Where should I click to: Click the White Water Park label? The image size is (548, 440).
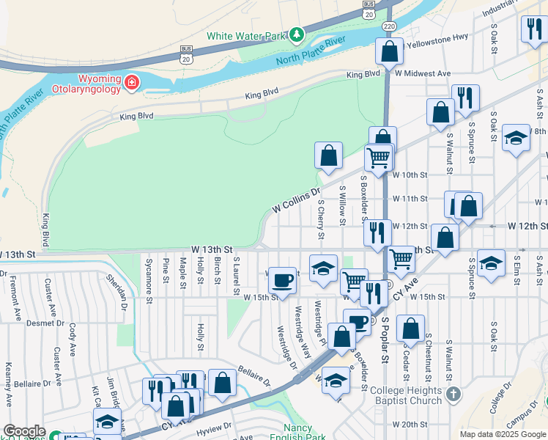245,35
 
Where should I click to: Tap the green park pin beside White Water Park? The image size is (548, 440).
296,34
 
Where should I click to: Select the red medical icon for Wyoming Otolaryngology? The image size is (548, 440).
132,81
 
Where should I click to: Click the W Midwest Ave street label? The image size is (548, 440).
423,73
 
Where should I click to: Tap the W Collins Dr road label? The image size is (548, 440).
297,199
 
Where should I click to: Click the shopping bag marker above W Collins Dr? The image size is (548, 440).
329,155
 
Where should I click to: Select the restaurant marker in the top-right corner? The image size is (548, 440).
532,29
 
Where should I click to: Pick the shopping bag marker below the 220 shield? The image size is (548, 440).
389,51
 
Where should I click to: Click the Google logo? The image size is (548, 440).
24,431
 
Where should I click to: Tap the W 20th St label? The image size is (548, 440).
410,424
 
